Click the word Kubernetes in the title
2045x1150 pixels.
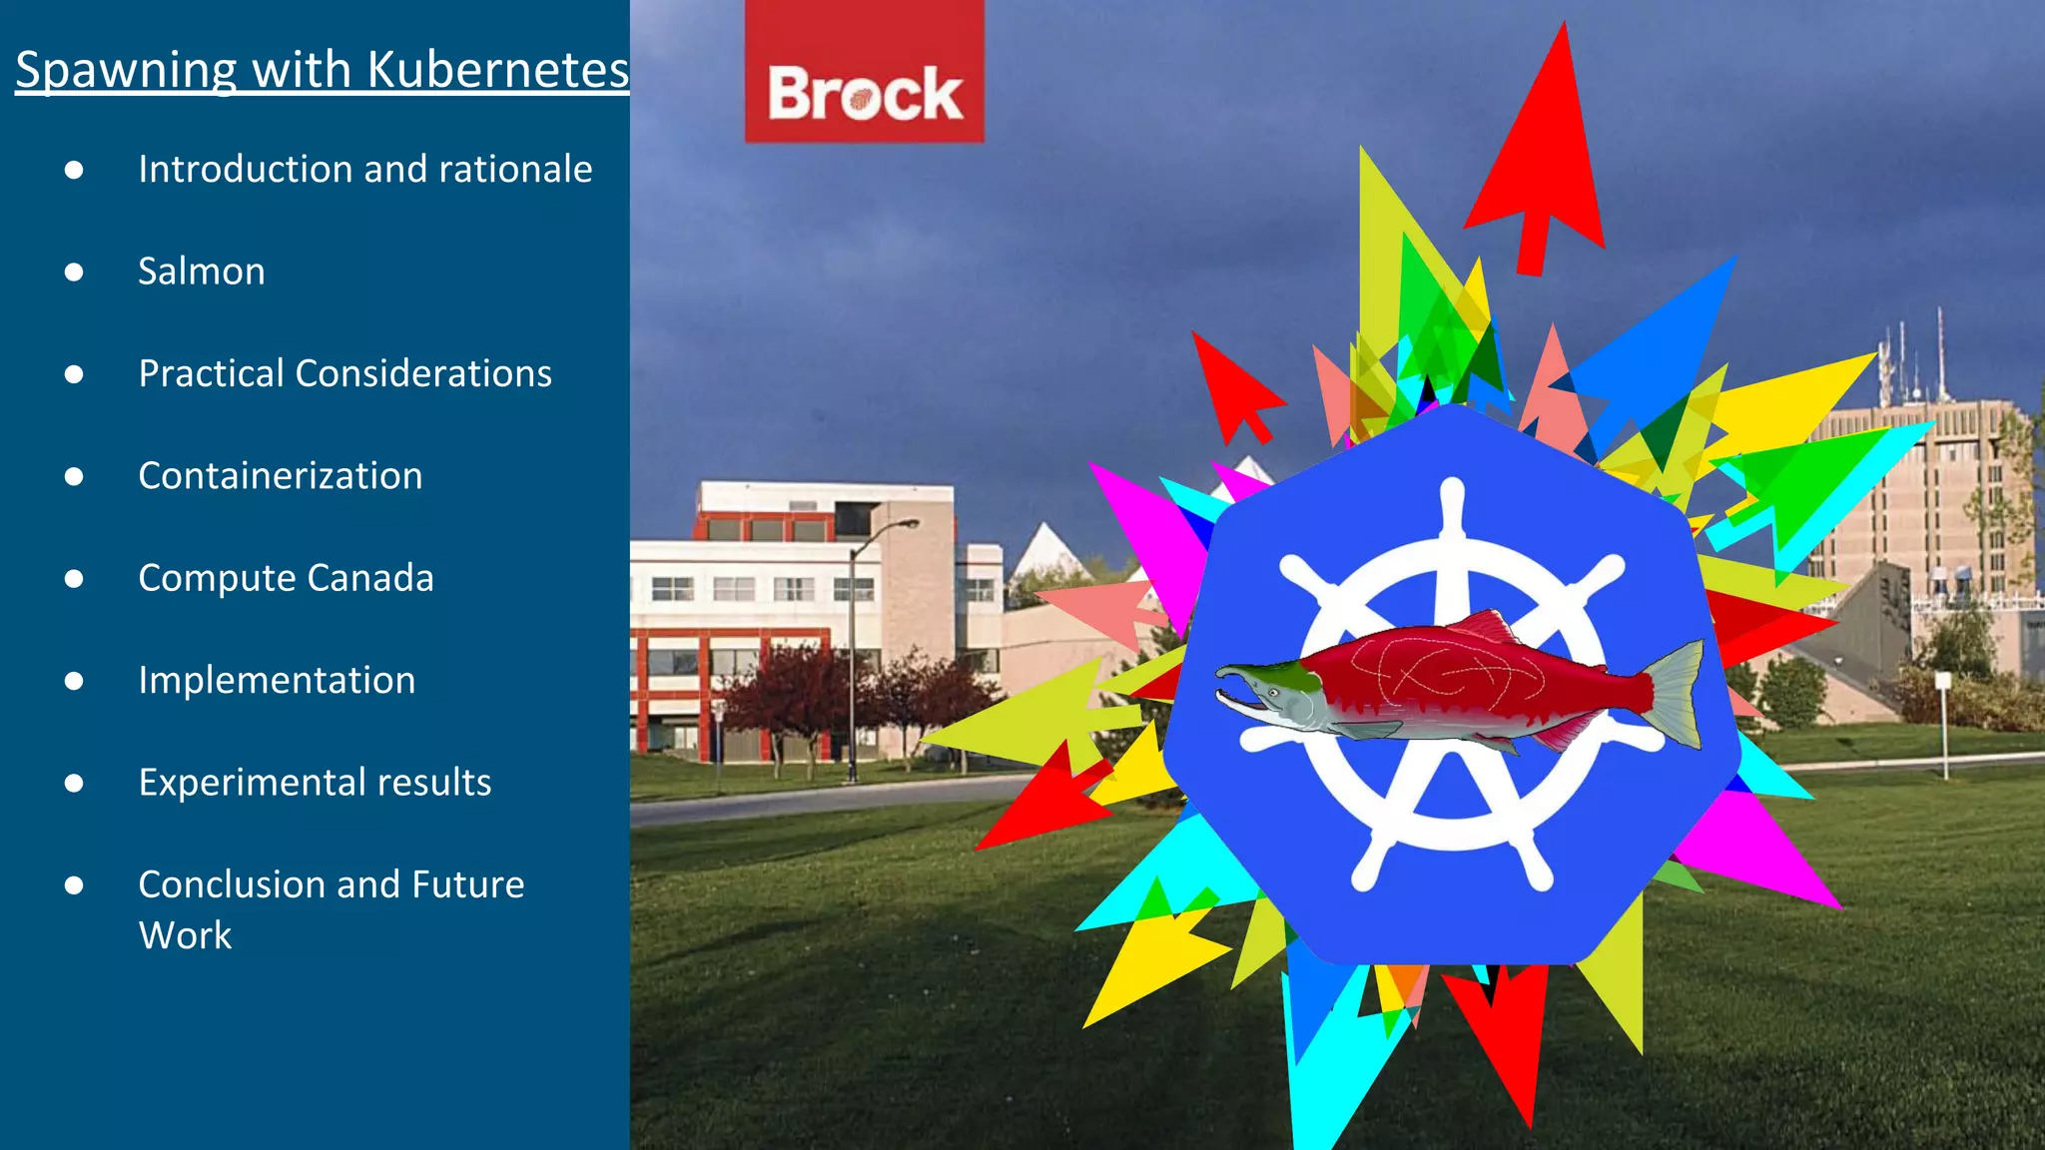coord(497,70)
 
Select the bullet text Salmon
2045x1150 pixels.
coord(202,272)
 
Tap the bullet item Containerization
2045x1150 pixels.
coord(281,476)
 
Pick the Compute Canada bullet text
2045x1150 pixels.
coord(287,578)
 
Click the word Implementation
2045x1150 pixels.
coord(277,681)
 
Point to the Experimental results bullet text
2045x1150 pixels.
coord(315,783)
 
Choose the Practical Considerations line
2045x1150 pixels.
coord(344,373)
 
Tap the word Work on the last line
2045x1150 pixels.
coord(185,935)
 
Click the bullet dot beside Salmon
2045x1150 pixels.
coord(74,273)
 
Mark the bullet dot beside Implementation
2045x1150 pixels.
coord(74,682)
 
